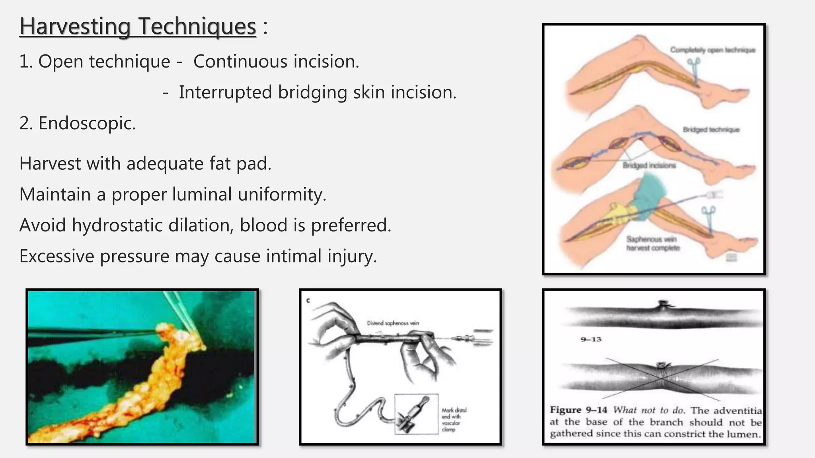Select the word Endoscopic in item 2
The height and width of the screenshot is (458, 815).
point(87,123)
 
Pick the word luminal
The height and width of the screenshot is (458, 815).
point(202,194)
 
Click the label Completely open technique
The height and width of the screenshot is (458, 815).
point(713,50)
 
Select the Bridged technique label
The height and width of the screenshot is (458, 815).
point(711,130)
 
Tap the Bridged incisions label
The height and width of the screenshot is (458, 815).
point(649,165)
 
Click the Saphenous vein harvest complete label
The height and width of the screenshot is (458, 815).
point(653,243)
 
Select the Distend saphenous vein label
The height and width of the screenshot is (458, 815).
point(393,323)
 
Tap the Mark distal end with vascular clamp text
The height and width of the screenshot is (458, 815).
point(454,419)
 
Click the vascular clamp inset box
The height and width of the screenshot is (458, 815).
point(416,414)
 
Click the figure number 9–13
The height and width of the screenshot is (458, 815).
point(591,340)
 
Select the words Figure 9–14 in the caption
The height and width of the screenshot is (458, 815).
point(579,410)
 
